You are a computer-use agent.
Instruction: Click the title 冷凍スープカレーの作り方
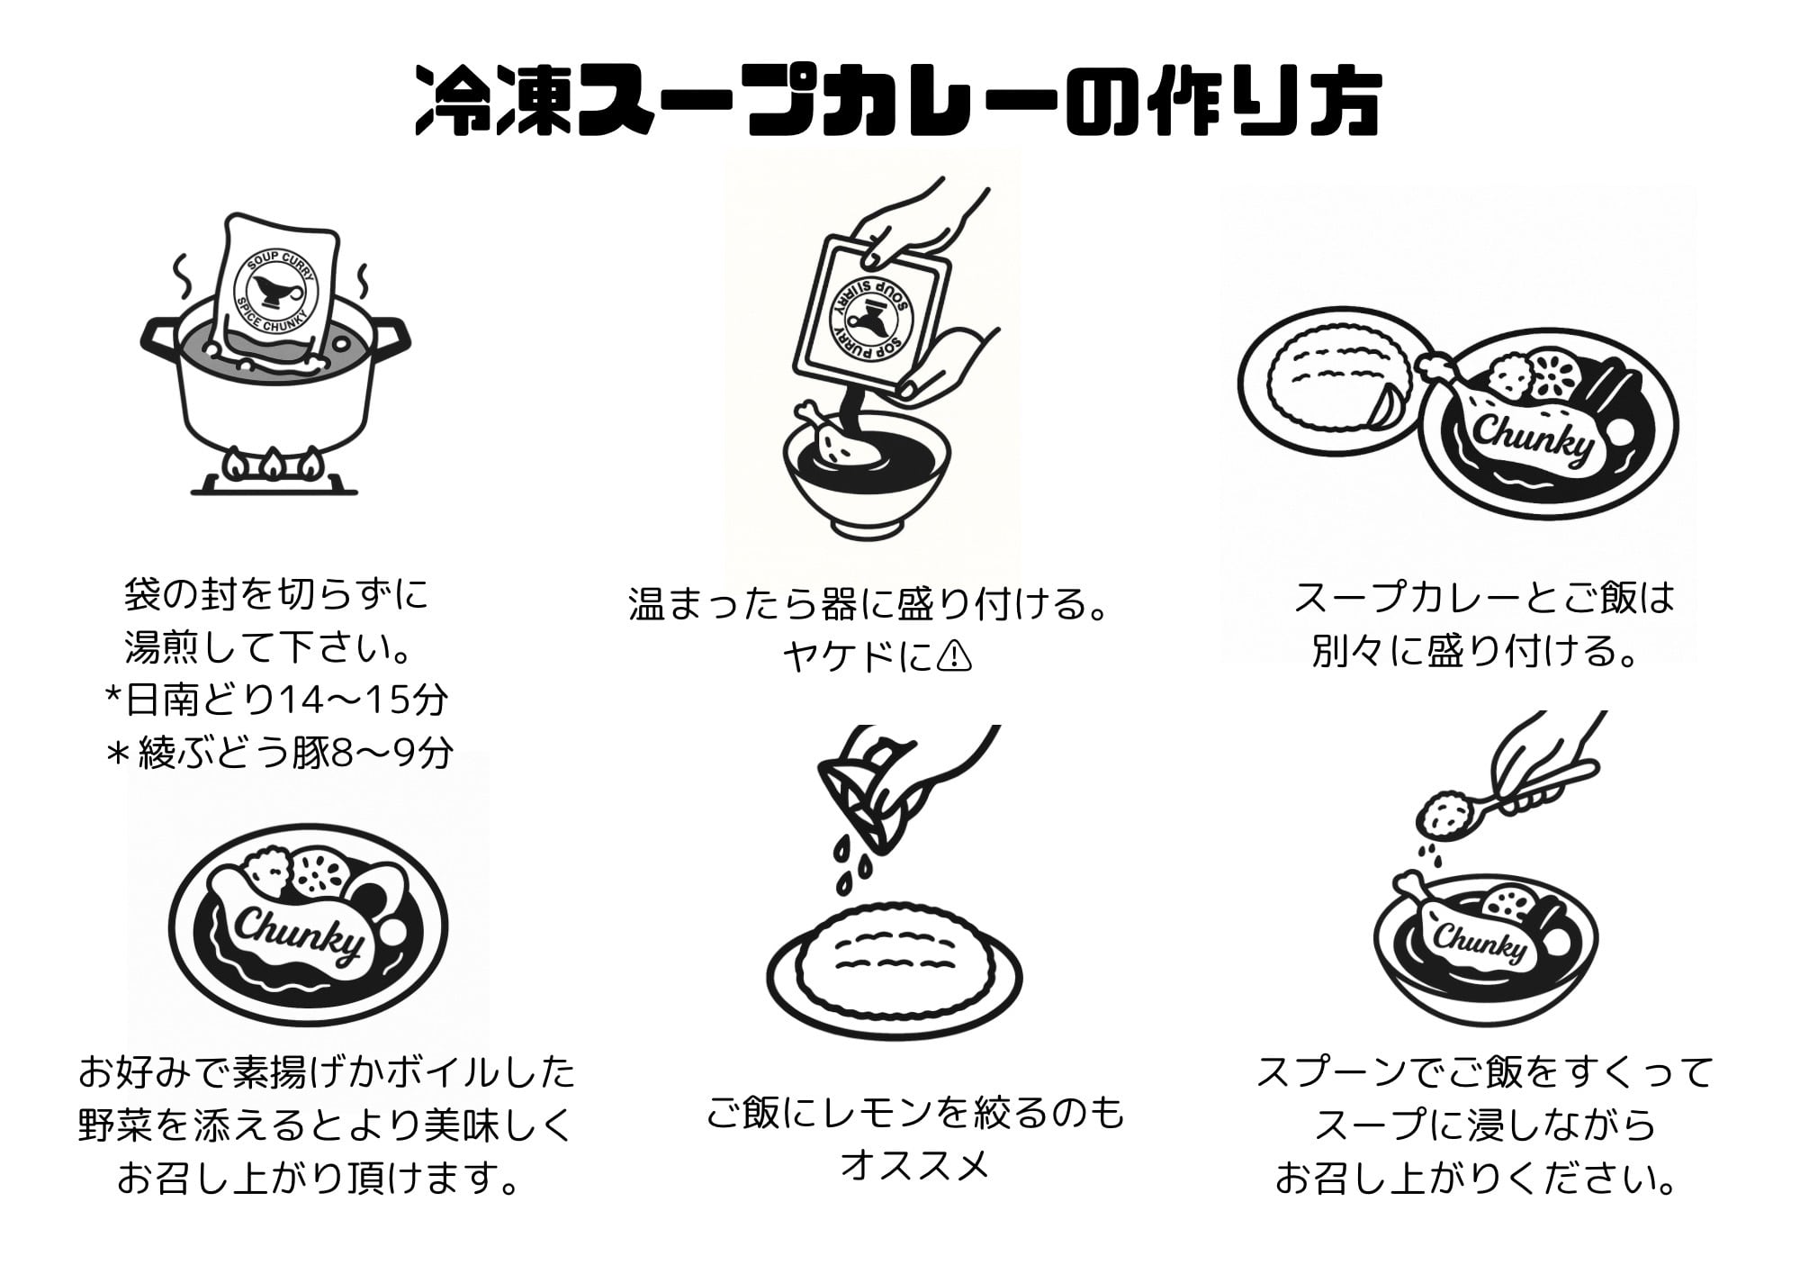(898, 102)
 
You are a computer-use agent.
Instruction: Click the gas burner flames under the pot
(273, 464)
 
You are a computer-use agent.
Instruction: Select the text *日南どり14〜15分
(276, 700)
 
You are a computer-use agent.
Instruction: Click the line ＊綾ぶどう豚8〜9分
(279, 754)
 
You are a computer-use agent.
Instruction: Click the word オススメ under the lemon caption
(914, 1165)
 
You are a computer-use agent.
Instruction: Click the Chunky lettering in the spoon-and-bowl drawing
(1480, 944)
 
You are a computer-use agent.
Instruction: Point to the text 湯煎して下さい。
(276, 647)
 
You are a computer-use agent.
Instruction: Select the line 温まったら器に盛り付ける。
(868, 604)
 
